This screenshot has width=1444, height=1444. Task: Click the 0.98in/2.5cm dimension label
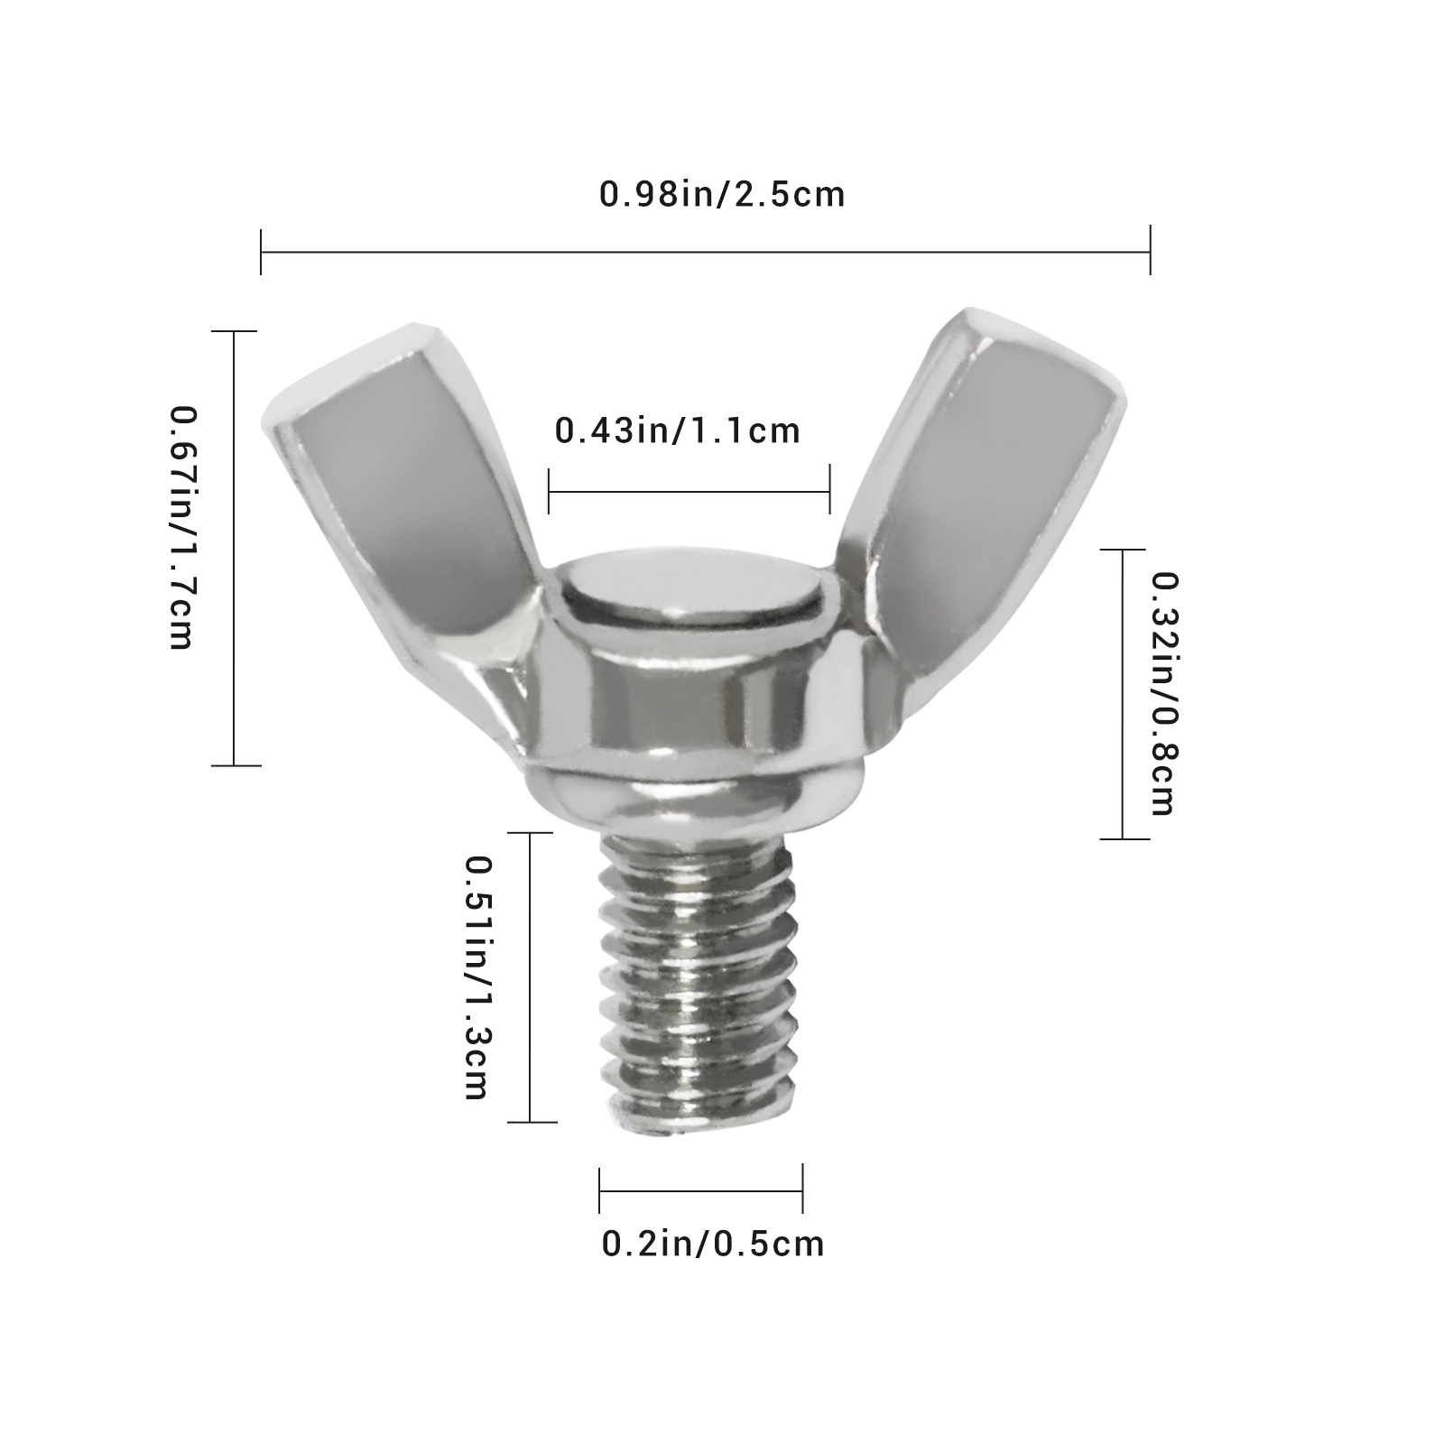(722, 194)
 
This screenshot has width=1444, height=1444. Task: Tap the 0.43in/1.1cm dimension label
(678, 430)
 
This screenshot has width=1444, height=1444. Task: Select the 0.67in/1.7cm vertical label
(181, 528)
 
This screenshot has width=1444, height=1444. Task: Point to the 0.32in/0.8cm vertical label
(1162, 694)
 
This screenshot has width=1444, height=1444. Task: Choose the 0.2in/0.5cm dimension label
(713, 1244)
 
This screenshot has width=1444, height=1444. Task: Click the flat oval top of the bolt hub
(691, 589)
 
